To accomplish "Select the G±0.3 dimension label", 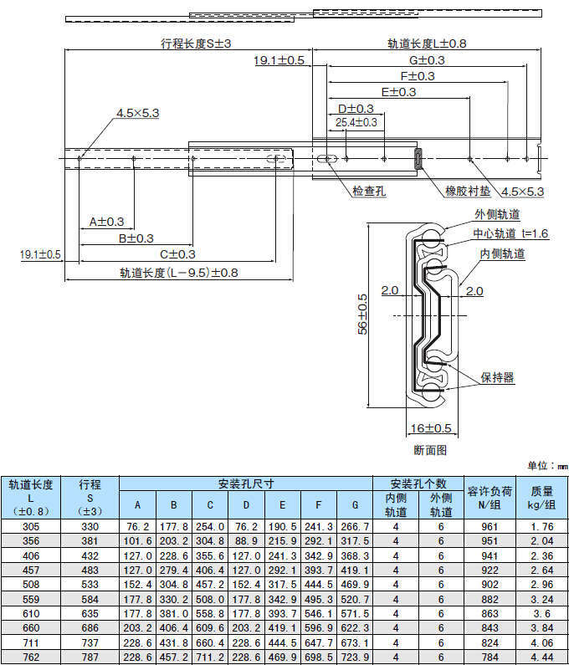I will point(427,60).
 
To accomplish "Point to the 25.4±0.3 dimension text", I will point(356,122).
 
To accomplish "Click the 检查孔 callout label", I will point(369,192).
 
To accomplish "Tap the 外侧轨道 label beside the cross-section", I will point(497,216).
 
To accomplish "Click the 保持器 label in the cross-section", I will point(498,379).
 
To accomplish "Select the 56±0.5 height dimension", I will point(362,315).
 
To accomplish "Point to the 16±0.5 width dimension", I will point(431,429).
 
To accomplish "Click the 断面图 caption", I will point(430,449).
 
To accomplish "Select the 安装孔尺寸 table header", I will point(246,483).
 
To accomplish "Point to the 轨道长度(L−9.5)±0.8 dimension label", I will point(179,272).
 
